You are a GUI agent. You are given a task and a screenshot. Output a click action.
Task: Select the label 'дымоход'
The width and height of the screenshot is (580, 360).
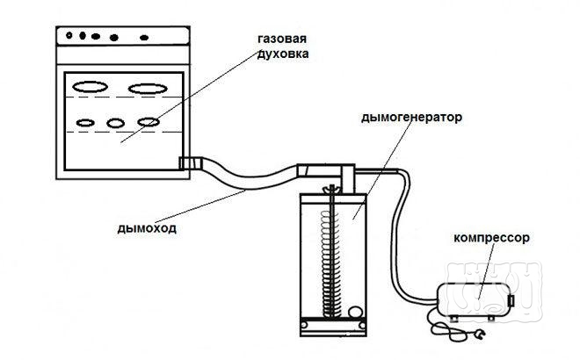pos(146,229)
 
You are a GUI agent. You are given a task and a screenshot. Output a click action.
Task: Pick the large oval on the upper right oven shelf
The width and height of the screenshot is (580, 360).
pos(144,87)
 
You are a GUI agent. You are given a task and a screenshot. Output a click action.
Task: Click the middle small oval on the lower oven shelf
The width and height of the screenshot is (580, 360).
pos(116,122)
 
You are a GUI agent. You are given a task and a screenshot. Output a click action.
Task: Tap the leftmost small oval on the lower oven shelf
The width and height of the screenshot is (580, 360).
pos(85,122)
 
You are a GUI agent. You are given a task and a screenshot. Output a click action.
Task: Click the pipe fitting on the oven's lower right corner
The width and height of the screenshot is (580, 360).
pos(187,162)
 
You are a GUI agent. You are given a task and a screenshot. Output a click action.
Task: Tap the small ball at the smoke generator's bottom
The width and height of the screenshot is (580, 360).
pos(355,310)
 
